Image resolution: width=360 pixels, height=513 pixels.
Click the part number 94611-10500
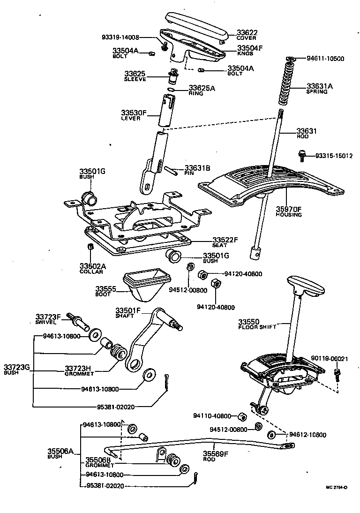[x=325, y=59]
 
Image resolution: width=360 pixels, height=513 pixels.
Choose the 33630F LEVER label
[x=134, y=115]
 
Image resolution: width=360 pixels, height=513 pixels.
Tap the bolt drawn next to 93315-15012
[x=302, y=155]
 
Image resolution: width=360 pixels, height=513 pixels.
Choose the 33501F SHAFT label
[x=128, y=312]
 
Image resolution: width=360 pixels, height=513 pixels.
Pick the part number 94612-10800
[x=307, y=435]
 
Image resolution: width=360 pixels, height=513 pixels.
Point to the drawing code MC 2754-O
[x=337, y=488]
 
